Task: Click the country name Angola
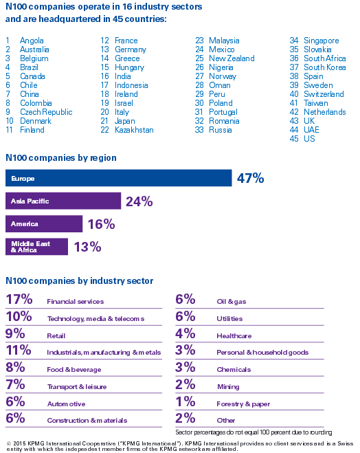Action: pyautogui.click(x=32, y=41)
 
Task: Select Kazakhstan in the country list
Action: pyautogui.click(x=134, y=130)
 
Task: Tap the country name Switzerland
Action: pyautogui.click(x=324, y=94)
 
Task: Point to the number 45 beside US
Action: pyautogui.click(x=294, y=139)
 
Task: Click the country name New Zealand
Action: pyautogui.click(x=232, y=58)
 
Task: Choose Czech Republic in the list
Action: pyautogui.click(x=46, y=112)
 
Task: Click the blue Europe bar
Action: pyautogui.click(x=119, y=178)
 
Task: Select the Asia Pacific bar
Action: pyautogui.click(x=63, y=201)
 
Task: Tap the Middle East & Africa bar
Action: pyautogui.click(x=36, y=247)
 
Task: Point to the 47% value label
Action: pyautogui.click(x=250, y=178)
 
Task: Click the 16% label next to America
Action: pyautogui.click(x=101, y=224)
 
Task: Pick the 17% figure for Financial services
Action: pyautogui.click(x=19, y=299)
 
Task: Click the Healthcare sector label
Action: pyautogui.click(x=234, y=335)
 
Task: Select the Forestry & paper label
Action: pyautogui.click(x=243, y=404)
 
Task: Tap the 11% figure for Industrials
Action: pyautogui.click(x=19, y=350)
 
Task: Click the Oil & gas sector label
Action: pyautogui.click(x=232, y=302)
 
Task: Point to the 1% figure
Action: pyautogui.click(x=185, y=401)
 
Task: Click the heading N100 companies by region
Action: pyautogui.click(x=61, y=157)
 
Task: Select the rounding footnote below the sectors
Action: pyautogui.click(x=254, y=432)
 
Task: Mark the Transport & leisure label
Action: pyautogui.click(x=77, y=387)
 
